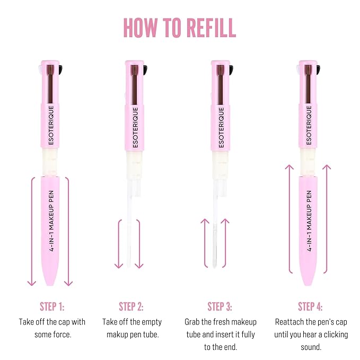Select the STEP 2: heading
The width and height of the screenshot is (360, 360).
[x=131, y=307]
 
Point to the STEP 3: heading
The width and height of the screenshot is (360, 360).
[x=220, y=307]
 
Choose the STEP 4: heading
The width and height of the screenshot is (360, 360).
[x=310, y=307]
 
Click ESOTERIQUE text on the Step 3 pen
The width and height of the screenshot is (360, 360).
[x=221, y=127]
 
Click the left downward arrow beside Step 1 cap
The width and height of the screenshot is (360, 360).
[x=32, y=233]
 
